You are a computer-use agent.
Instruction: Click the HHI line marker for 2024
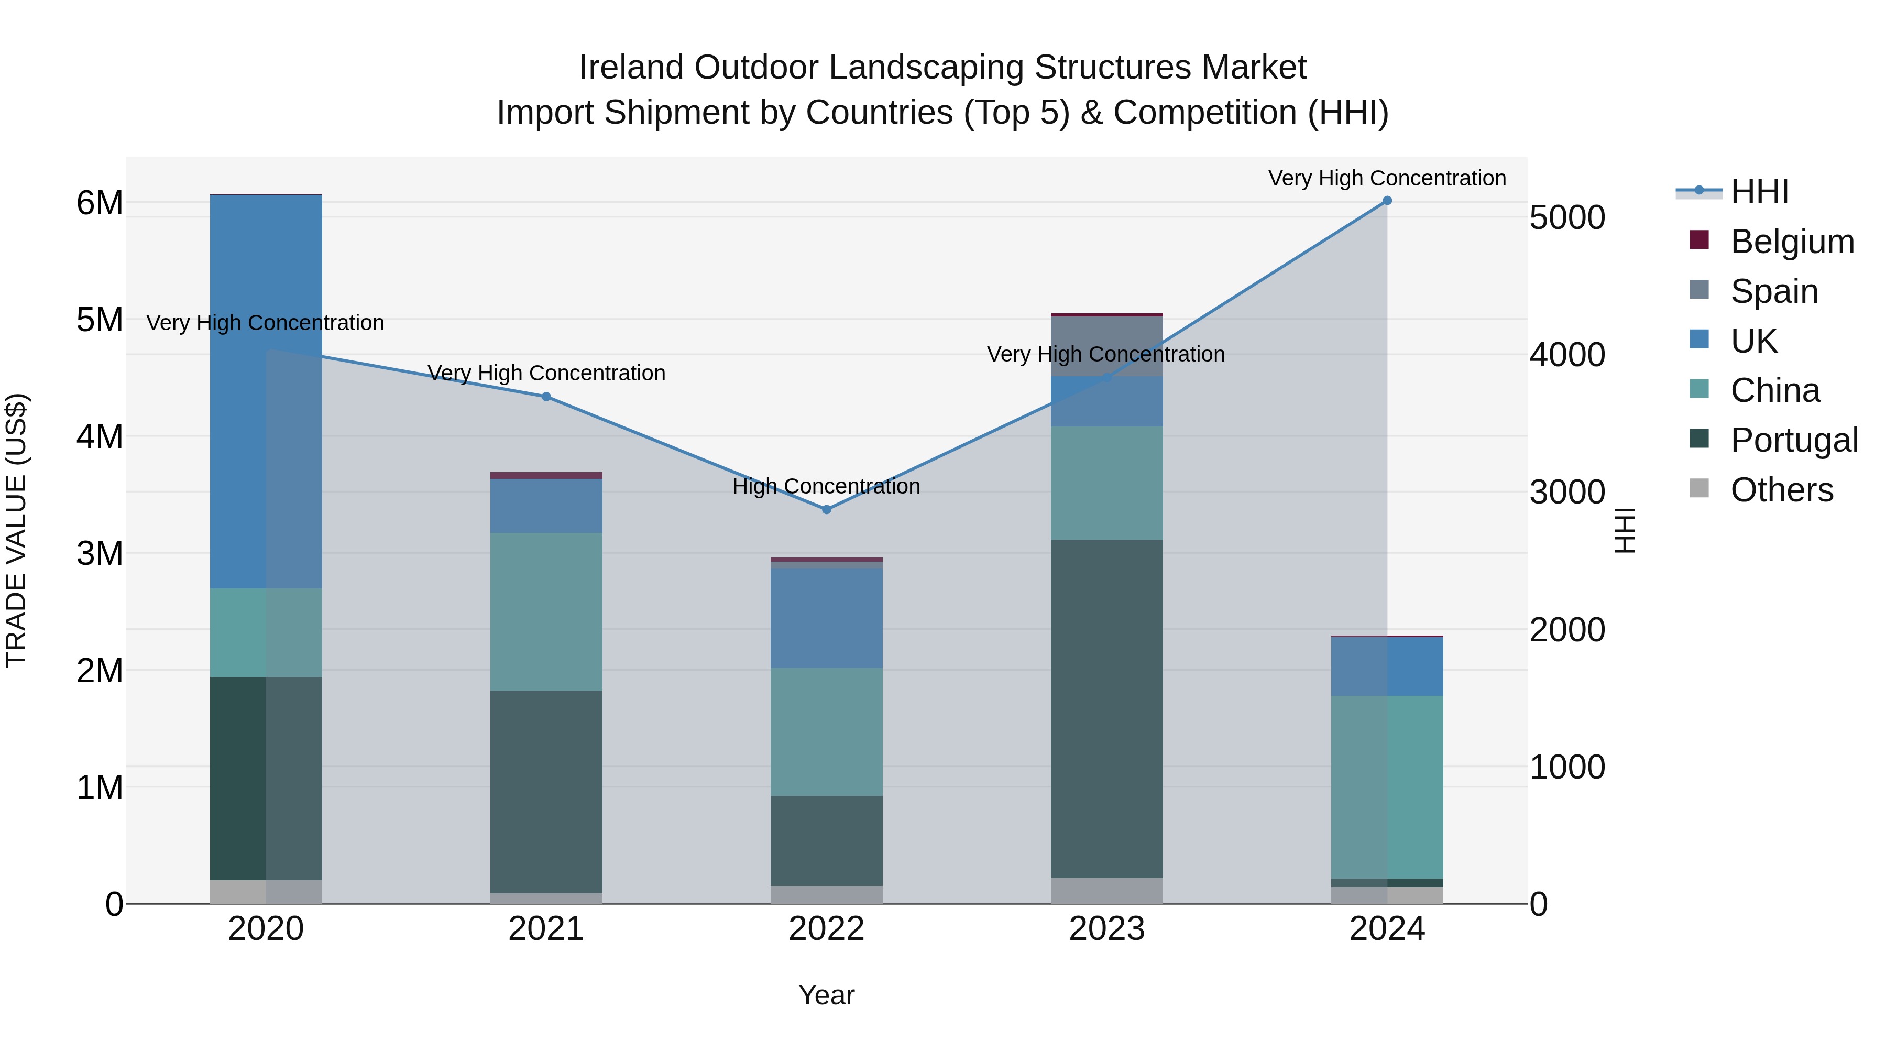[1387, 201]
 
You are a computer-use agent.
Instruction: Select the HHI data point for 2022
[827, 510]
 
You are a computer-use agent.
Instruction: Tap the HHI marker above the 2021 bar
[546, 397]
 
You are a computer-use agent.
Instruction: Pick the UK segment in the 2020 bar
[266, 392]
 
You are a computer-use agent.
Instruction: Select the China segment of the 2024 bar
[1387, 786]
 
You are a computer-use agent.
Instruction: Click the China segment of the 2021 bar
[546, 611]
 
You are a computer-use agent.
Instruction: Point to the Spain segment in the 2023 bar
[1106, 346]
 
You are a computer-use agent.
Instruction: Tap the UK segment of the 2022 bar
[827, 618]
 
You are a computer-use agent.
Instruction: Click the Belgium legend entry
[1792, 242]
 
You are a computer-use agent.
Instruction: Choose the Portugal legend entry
[1794, 440]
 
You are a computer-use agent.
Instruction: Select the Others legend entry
[1781, 490]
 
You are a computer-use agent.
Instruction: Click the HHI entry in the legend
[1759, 192]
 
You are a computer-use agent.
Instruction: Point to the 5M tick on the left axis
[100, 320]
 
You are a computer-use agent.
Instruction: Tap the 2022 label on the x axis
[827, 929]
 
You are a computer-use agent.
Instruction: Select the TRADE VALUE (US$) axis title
[16, 530]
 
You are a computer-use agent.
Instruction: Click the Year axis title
[827, 995]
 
